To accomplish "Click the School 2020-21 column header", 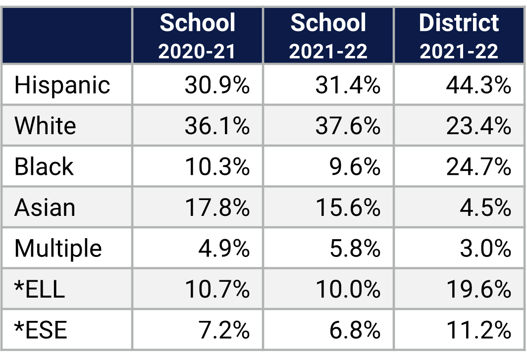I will (x=197, y=36).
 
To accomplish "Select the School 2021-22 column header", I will (x=328, y=36).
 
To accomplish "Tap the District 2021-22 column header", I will (x=459, y=36).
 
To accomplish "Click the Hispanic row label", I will (x=62, y=85).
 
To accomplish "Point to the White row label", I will (x=45, y=126).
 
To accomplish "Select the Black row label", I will (x=44, y=167).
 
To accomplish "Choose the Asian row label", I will (x=45, y=207).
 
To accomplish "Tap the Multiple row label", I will (x=58, y=248).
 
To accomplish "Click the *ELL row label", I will (x=40, y=289).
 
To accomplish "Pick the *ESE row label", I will (x=41, y=330).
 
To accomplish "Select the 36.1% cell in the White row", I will (x=217, y=126).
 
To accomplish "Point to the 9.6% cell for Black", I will (x=355, y=167).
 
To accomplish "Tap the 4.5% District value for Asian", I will (x=485, y=207).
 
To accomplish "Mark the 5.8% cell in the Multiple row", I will (x=355, y=248).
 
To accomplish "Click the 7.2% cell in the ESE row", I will (x=224, y=330).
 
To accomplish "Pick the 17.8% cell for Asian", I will (x=217, y=207).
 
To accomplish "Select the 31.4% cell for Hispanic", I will (x=348, y=85).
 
